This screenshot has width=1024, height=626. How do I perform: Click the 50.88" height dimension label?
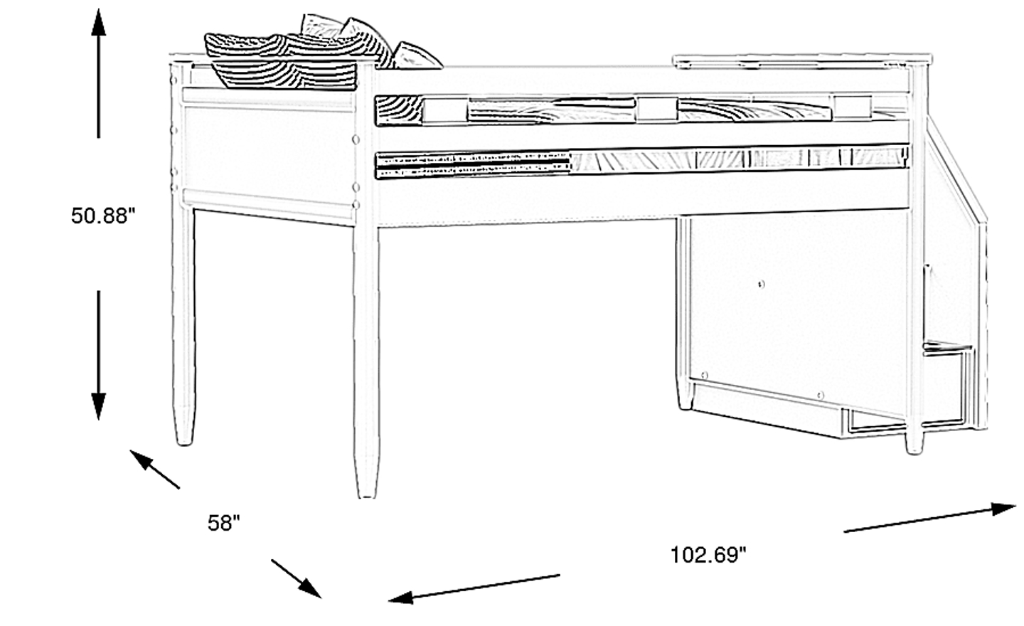(x=103, y=216)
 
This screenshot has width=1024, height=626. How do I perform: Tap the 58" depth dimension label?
(x=223, y=523)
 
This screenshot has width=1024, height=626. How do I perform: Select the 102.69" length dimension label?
(x=708, y=555)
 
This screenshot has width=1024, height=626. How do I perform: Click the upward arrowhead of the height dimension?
(x=98, y=22)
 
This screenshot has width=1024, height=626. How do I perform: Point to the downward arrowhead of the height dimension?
(x=98, y=406)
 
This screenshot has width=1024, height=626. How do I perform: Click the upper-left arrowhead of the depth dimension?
(x=142, y=459)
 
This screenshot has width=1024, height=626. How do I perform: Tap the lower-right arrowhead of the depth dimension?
(x=310, y=588)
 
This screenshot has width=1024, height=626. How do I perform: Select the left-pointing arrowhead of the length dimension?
(x=400, y=597)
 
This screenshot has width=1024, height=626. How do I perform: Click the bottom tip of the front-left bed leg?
(x=367, y=497)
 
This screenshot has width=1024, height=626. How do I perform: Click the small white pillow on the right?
(x=416, y=57)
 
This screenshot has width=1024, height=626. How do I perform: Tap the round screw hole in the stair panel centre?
(x=761, y=285)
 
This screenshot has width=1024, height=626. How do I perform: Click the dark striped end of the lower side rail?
(x=473, y=165)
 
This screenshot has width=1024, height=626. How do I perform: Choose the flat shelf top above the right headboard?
(x=801, y=61)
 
